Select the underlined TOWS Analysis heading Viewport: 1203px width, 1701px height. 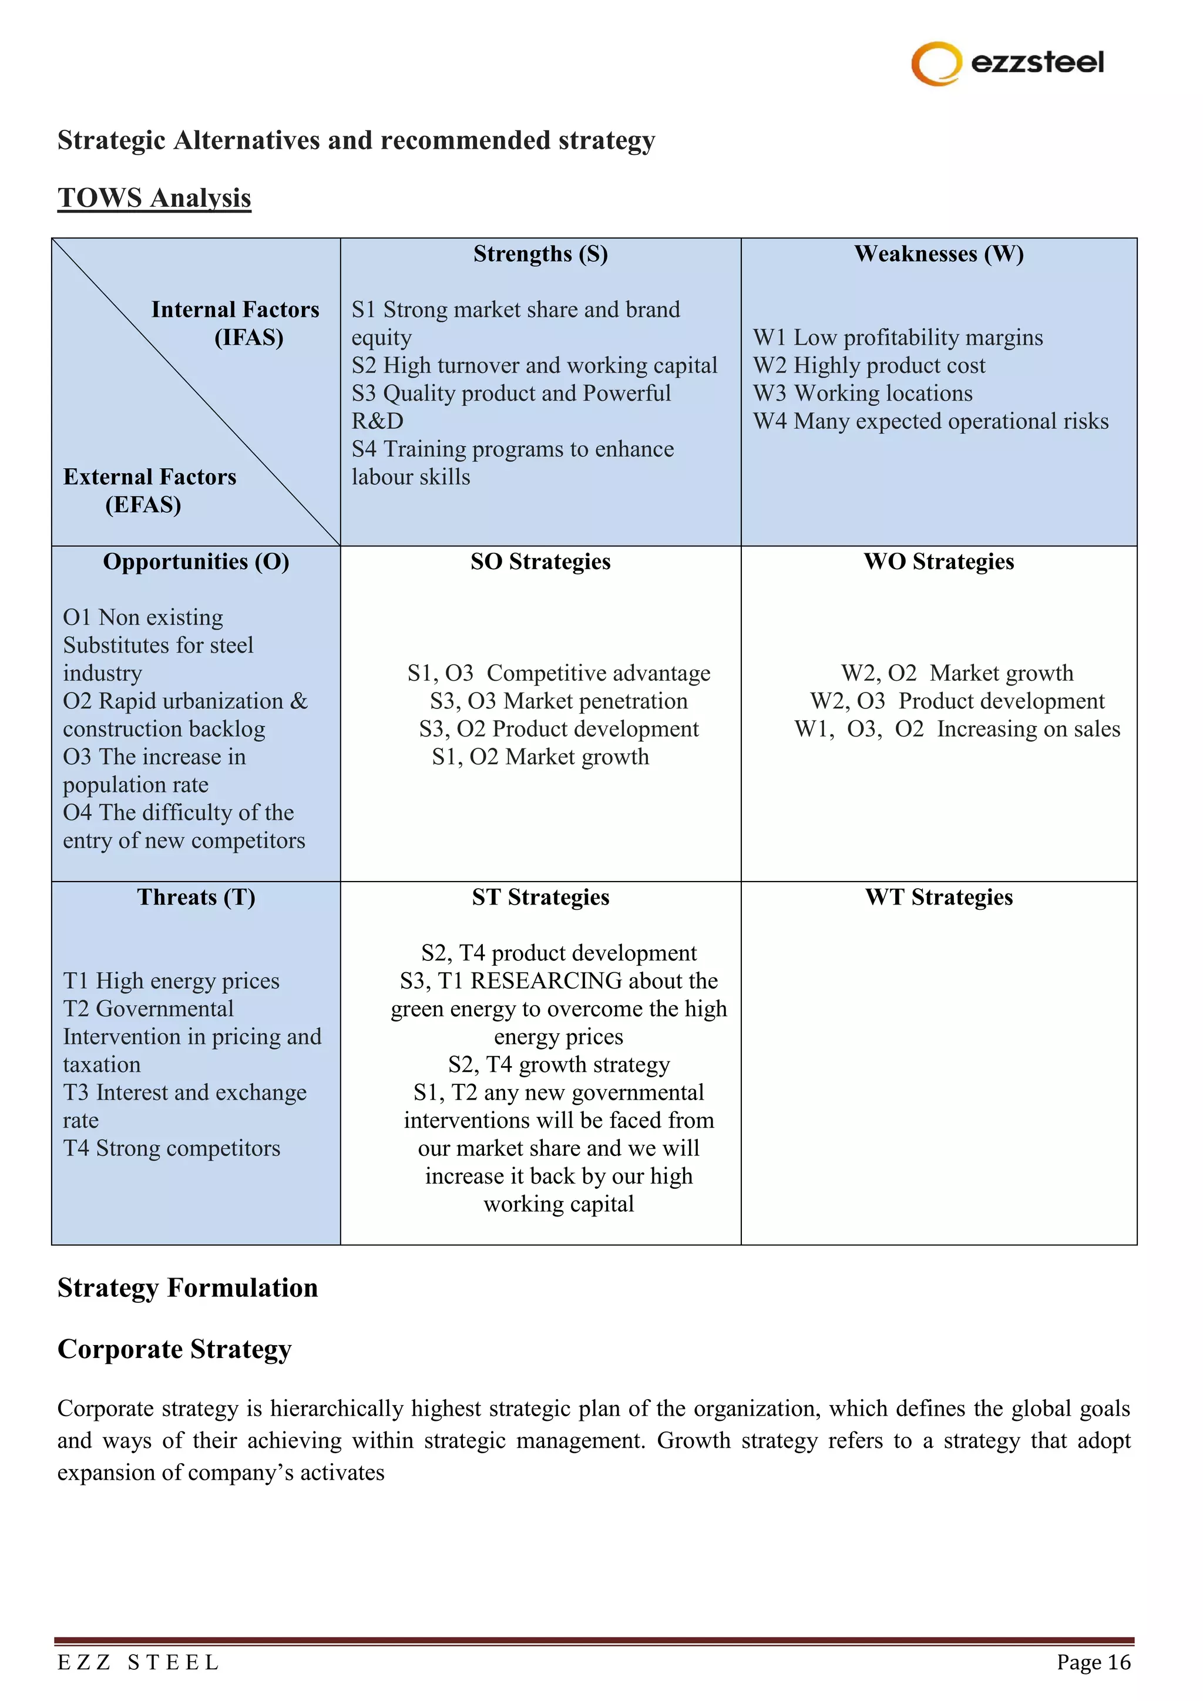tap(154, 198)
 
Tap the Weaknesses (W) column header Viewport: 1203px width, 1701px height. tap(939, 254)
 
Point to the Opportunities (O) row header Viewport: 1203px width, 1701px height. tap(196, 562)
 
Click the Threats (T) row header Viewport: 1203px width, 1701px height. tap(196, 897)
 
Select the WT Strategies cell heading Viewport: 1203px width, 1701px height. tap(939, 897)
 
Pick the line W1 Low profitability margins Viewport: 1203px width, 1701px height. tap(898, 338)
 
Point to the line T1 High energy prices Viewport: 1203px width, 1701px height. tap(171, 981)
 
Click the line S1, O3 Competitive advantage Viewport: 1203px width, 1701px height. tap(559, 674)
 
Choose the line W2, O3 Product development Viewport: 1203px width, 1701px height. tap(957, 701)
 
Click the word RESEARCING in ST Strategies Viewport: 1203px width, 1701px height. tap(546, 981)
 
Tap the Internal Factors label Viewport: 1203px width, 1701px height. tap(235, 310)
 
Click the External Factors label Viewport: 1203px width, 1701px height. tap(150, 477)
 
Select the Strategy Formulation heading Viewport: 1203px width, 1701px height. tap(187, 1288)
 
